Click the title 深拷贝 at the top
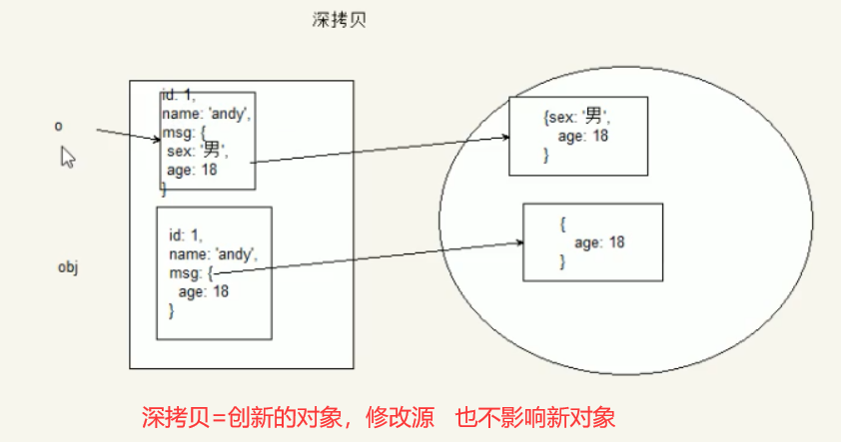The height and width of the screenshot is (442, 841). click(x=340, y=20)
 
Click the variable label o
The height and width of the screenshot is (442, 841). click(x=58, y=126)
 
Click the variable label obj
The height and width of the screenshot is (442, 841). click(x=67, y=267)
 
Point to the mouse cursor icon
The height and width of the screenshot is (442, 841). click(x=68, y=157)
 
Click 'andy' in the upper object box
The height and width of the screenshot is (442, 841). click(x=227, y=114)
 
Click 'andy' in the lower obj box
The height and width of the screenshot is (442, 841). click(x=235, y=254)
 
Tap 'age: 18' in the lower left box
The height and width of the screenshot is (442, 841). click(x=204, y=291)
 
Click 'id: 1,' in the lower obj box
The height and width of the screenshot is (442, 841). click(x=186, y=235)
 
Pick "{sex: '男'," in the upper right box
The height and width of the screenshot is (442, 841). click(x=576, y=117)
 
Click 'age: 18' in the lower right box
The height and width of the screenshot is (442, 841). click(x=599, y=242)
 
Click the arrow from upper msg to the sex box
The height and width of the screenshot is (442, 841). click(x=380, y=150)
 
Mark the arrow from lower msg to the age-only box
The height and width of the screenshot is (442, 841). click(x=370, y=256)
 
